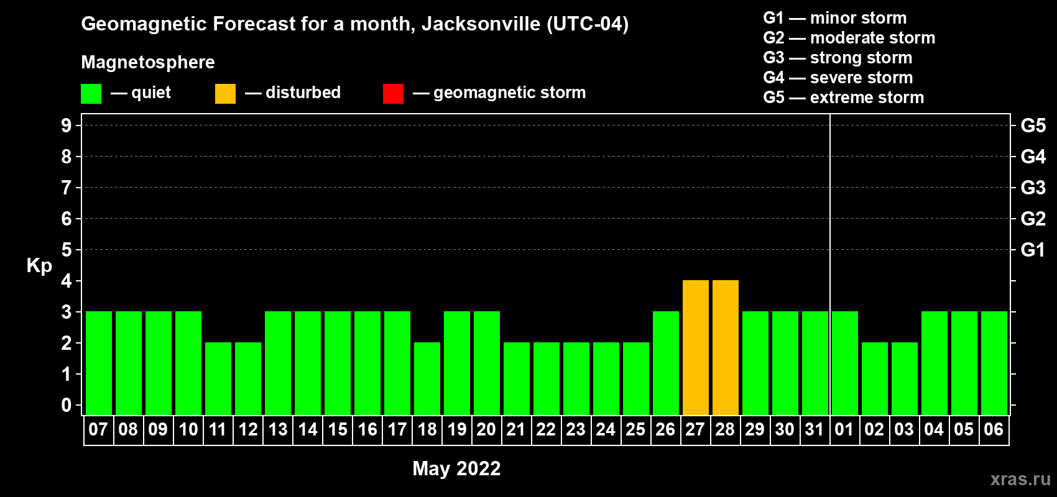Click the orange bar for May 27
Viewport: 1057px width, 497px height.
(696, 348)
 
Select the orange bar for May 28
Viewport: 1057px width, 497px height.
(726, 348)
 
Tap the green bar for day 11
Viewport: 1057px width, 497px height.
(218, 379)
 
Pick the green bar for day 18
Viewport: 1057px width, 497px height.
(427, 379)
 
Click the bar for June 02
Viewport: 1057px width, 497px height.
(875, 379)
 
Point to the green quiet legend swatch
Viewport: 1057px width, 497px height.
(91, 94)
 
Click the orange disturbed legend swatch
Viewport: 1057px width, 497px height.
(225, 94)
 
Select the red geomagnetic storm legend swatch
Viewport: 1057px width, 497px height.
(393, 94)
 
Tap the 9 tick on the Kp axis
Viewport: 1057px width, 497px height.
(67, 125)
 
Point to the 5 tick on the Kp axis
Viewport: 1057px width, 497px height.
(67, 250)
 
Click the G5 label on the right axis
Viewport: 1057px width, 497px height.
(1033, 125)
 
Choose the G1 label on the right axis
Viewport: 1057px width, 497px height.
(1033, 250)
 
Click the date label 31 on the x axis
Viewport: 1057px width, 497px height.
(815, 429)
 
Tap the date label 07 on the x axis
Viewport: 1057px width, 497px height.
(98, 429)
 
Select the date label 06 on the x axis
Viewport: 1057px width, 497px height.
(994, 429)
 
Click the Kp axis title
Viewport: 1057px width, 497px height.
(39, 266)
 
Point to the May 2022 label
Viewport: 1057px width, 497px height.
(456, 468)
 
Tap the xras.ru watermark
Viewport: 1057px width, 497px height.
(1020, 479)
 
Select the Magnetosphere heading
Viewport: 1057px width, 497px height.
(148, 62)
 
